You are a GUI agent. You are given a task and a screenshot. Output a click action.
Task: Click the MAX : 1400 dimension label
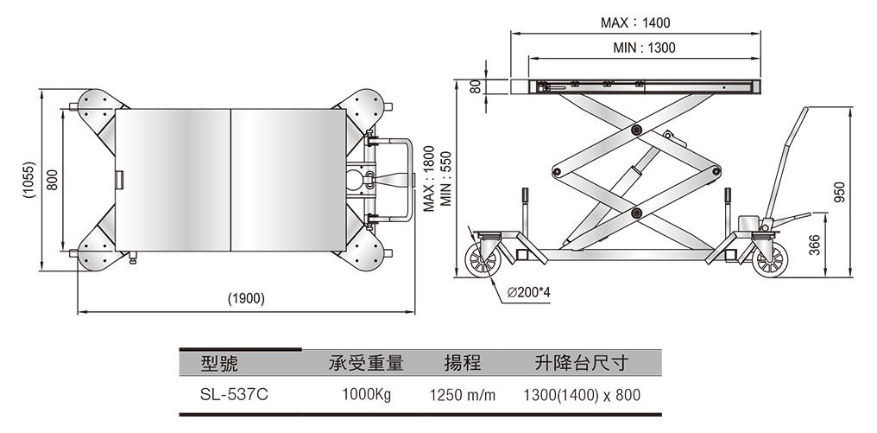[x=634, y=22]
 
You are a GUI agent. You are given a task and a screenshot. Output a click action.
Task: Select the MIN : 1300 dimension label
[x=644, y=48]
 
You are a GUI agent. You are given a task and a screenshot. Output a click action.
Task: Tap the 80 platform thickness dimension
[x=474, y=86]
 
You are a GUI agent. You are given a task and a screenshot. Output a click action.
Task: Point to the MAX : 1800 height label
[x=428, y=181]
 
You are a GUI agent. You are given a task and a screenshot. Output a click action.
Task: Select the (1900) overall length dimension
[x=245, y=299]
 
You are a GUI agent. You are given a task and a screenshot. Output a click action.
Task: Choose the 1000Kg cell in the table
[x=367, y=395]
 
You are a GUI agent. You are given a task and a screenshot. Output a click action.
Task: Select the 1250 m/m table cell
[x=463, y=395]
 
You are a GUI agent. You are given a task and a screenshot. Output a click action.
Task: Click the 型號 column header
[x=218, y=363]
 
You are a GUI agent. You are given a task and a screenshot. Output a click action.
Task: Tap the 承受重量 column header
[x=366, y=363]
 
